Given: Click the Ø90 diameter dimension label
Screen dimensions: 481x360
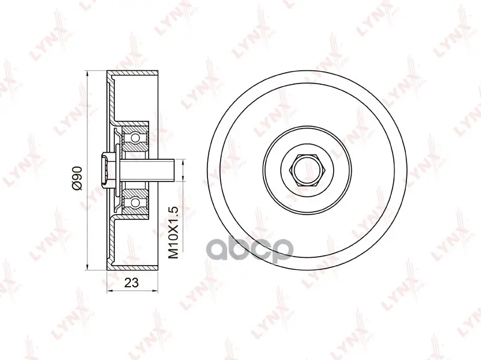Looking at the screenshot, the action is [x=78, y=178].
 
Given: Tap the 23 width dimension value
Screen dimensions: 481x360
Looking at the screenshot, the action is [x=132, y=282].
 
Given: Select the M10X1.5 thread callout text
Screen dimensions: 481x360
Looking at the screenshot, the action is [x=173, y=233].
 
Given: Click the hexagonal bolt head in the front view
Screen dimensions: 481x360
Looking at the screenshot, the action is [x=307, y=171].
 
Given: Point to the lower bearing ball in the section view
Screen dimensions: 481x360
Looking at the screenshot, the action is [x=135, y=202].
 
